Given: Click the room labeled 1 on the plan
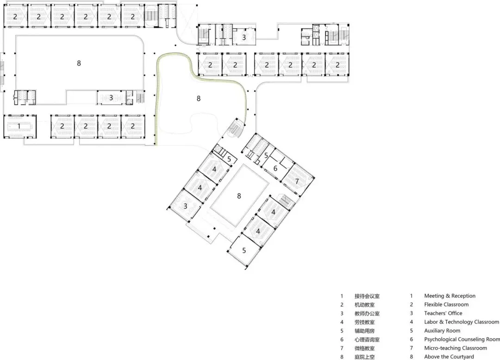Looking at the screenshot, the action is (19, 126).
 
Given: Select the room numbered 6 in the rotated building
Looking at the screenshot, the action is (275, 168).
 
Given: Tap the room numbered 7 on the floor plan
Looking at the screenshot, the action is (297, 181).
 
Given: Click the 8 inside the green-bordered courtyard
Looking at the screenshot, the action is (198, 98).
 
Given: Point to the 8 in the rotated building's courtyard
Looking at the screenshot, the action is (239, 196).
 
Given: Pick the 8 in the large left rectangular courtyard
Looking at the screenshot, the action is (79, 63).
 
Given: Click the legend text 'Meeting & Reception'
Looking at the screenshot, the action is (450, 296).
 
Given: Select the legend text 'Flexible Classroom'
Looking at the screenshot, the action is (446, 304).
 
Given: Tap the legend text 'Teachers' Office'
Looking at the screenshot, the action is (443, 313).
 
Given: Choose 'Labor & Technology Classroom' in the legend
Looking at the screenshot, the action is (462, 322).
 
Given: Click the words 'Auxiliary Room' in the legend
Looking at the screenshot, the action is (442, 331).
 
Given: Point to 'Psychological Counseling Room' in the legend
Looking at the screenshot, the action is (462, 339).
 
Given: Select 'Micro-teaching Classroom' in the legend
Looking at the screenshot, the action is (456, 348).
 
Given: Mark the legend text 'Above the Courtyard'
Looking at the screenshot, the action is (449, 356).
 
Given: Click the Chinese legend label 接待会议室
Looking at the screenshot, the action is (367, 296).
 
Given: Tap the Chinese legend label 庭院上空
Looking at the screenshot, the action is (364, 357).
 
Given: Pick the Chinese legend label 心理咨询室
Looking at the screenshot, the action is (367, 340).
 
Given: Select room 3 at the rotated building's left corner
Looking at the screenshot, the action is (185, 206).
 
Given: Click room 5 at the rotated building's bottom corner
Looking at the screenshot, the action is (244, 251).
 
